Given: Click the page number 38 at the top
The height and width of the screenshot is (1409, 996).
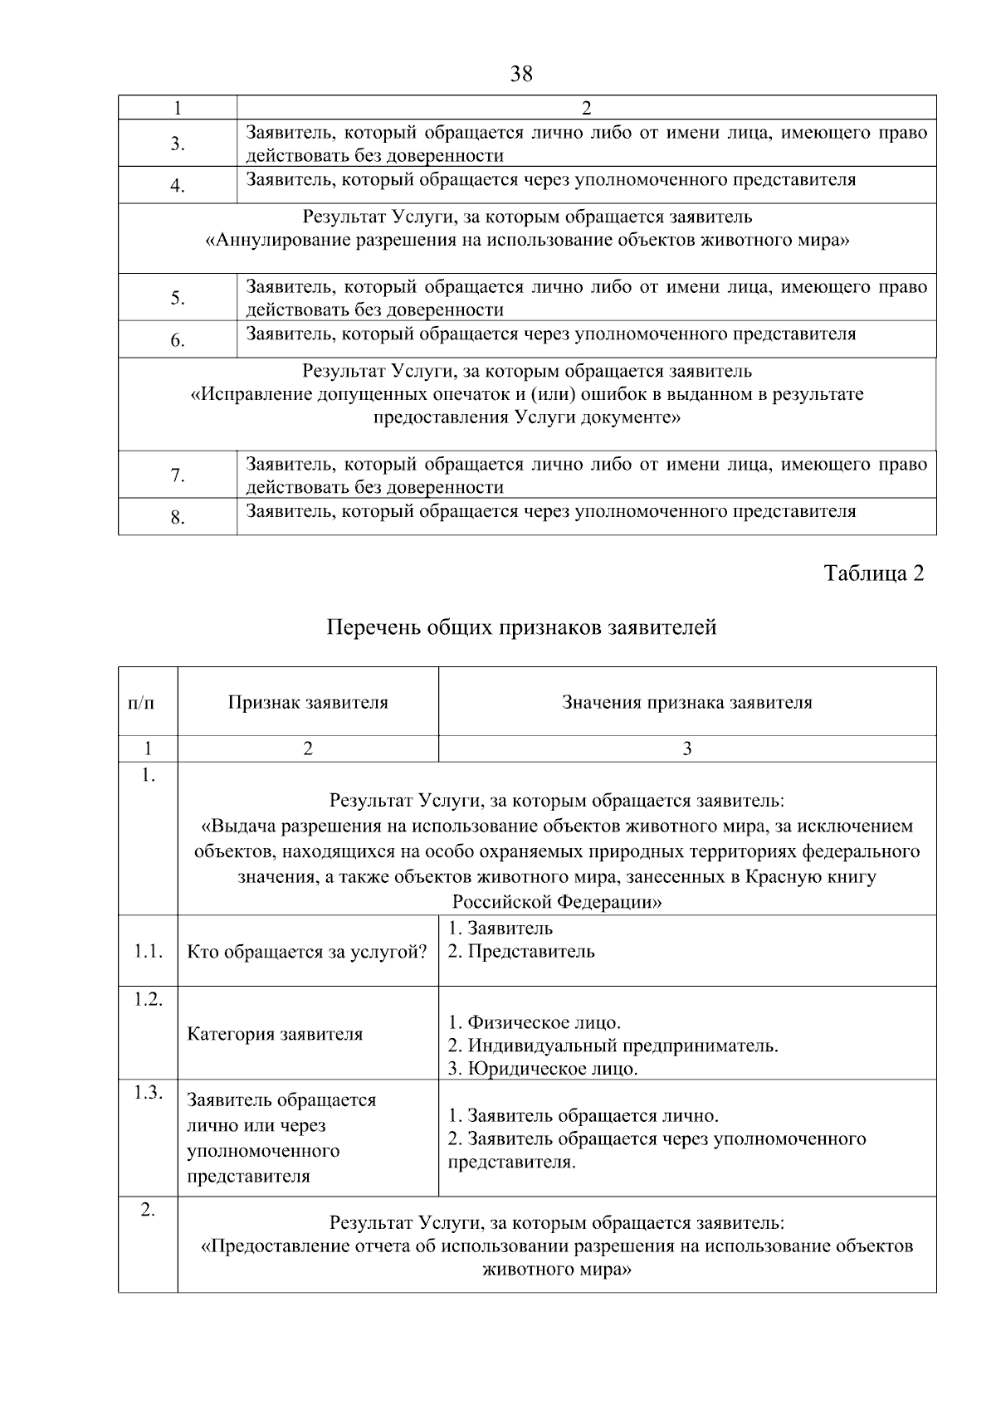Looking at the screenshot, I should [x=521, y=74].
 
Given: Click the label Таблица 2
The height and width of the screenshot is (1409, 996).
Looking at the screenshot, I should [x=873, y=573].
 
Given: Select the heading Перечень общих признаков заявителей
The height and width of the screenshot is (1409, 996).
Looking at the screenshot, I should [x=521, y=627].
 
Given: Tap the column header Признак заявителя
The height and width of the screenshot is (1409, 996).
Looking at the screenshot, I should [x=308, y=703].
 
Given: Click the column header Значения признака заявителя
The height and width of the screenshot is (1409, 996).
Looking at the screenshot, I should [x=686, y=703].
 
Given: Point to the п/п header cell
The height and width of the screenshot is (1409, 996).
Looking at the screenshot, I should [x=141, y=703].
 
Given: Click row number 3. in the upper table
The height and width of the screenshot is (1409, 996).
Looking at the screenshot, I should [x=178, y=144].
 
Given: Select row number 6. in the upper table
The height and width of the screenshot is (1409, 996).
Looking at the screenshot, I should [x=178, y=340].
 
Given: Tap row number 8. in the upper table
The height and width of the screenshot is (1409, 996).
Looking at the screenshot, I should [x=178, y=518].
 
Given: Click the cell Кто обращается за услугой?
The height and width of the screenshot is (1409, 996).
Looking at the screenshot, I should [x=307, y=952].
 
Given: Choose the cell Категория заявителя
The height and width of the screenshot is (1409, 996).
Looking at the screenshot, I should [x=275, y=1034].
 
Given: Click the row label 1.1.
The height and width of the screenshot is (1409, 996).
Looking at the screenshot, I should [x=148, y=952].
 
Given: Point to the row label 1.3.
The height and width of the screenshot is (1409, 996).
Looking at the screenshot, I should [x=148, y=1092].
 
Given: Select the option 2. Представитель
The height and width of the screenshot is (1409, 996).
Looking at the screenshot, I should [x=521, y=952].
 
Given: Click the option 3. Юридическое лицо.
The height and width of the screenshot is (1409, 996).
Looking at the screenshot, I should [x=543, y=1069].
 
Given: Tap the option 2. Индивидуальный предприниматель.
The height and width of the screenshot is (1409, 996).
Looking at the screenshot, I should [x=613, y=1046].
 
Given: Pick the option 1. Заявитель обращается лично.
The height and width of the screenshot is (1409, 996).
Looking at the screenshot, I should [x=583, y=1115].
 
